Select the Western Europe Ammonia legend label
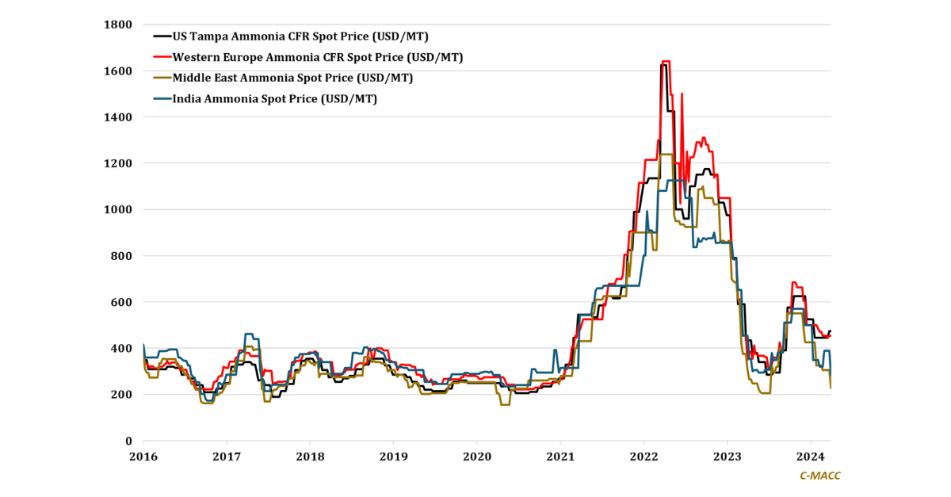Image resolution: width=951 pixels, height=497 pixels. (317, 57)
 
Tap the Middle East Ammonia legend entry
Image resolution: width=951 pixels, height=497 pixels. (292, 78)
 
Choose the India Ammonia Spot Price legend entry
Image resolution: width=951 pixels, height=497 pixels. (274, 99)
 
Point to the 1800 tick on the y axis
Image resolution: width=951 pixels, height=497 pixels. (118, 25)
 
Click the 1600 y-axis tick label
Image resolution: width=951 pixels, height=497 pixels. (118, 71)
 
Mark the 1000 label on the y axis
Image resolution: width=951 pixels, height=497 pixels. (118, 210)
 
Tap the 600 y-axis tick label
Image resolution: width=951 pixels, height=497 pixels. (121, 303)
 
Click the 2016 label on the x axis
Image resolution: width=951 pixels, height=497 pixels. (143, 457)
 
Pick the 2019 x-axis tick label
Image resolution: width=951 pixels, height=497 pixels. (393, 457)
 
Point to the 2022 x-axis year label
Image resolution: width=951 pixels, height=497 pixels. (644, 457)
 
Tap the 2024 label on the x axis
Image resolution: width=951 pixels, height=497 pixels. (810, 457)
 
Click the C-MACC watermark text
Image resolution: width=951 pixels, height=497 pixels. (819, 476)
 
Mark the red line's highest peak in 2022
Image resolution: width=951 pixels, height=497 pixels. (666, 61)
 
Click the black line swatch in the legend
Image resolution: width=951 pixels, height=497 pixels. (162, 36)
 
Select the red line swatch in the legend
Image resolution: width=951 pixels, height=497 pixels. (162, 57)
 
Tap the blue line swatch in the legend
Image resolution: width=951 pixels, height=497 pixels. (162, 99)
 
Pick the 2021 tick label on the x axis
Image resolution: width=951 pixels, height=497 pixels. (560, 457)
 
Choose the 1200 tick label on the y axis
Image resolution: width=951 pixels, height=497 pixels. (118, 163)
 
